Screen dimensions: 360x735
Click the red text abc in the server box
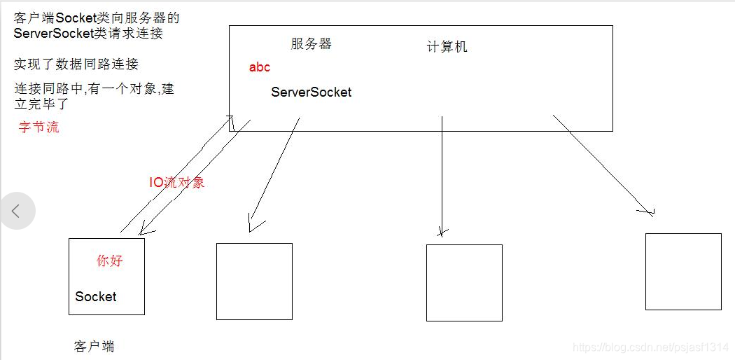click(259, 68)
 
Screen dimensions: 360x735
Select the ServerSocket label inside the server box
click(311, 92)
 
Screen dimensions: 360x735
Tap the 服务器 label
click(311, 43)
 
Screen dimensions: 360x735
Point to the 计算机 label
click(447, 47)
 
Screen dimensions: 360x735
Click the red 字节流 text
click(39, 127)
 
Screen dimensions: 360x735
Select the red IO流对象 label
click(177, 183)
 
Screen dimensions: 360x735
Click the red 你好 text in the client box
click(110, 261)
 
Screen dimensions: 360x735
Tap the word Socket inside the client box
click(96, 296)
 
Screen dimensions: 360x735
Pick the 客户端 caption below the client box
click(94, 347)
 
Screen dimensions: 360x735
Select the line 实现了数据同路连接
click(76, 64)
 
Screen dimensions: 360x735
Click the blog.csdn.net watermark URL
click(651, 347)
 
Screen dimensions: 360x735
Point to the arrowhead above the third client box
click(442, 231)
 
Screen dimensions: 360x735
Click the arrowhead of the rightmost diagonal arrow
click(648, 211)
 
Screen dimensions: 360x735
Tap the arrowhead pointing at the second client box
click(253, 226)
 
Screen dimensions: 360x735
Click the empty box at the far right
click(683, 272)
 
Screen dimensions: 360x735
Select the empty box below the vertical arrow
click(464, 283)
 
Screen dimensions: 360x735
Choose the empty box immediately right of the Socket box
click(254, 282)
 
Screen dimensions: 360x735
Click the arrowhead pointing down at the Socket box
click(145, 229)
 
